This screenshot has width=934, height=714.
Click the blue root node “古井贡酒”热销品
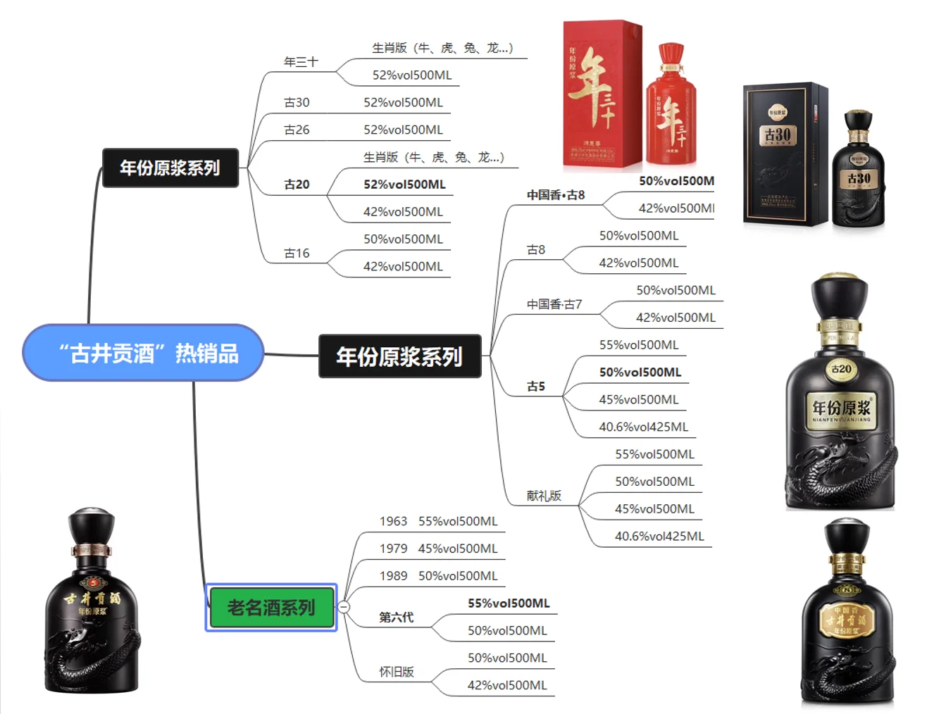pos(143,353)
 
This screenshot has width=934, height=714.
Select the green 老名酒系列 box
pos(271,607)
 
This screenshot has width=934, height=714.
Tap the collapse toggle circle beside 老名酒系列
pos(344,607)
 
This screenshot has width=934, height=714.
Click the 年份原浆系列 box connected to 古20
pos(170,168)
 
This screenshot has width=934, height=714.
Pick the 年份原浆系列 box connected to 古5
pos(399,356)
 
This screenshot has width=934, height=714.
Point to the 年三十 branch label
pos(301,62)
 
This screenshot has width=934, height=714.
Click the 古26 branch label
pos(297,130)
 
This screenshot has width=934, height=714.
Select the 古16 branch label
pos(297,253)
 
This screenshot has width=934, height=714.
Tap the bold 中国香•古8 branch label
pos(556,195)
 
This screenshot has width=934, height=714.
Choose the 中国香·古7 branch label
pos(554,304)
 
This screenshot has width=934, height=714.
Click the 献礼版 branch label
pos(544,496)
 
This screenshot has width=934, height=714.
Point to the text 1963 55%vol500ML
pos(438,521)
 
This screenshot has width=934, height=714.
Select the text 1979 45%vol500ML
pos(438,549)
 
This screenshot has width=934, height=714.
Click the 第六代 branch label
pos(396,618)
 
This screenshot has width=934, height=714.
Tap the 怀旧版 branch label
pos(397,672)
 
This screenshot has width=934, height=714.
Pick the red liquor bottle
pos(671,106)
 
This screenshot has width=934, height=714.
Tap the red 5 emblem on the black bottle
pos(92,582)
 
